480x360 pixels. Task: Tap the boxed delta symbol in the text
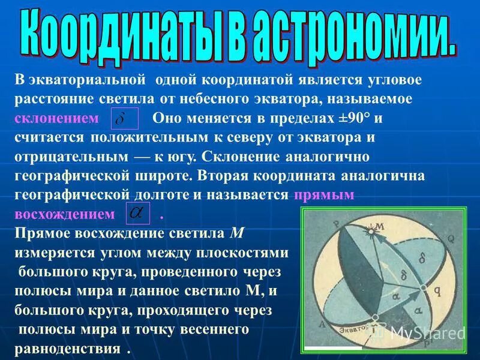[126, 119]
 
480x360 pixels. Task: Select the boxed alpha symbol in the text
[136, 214]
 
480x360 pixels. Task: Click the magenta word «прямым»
[325, 196]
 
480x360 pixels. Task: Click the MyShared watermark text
[427, 333]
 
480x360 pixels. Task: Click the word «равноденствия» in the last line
[67, 349]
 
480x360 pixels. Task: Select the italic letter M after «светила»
[235, 233]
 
